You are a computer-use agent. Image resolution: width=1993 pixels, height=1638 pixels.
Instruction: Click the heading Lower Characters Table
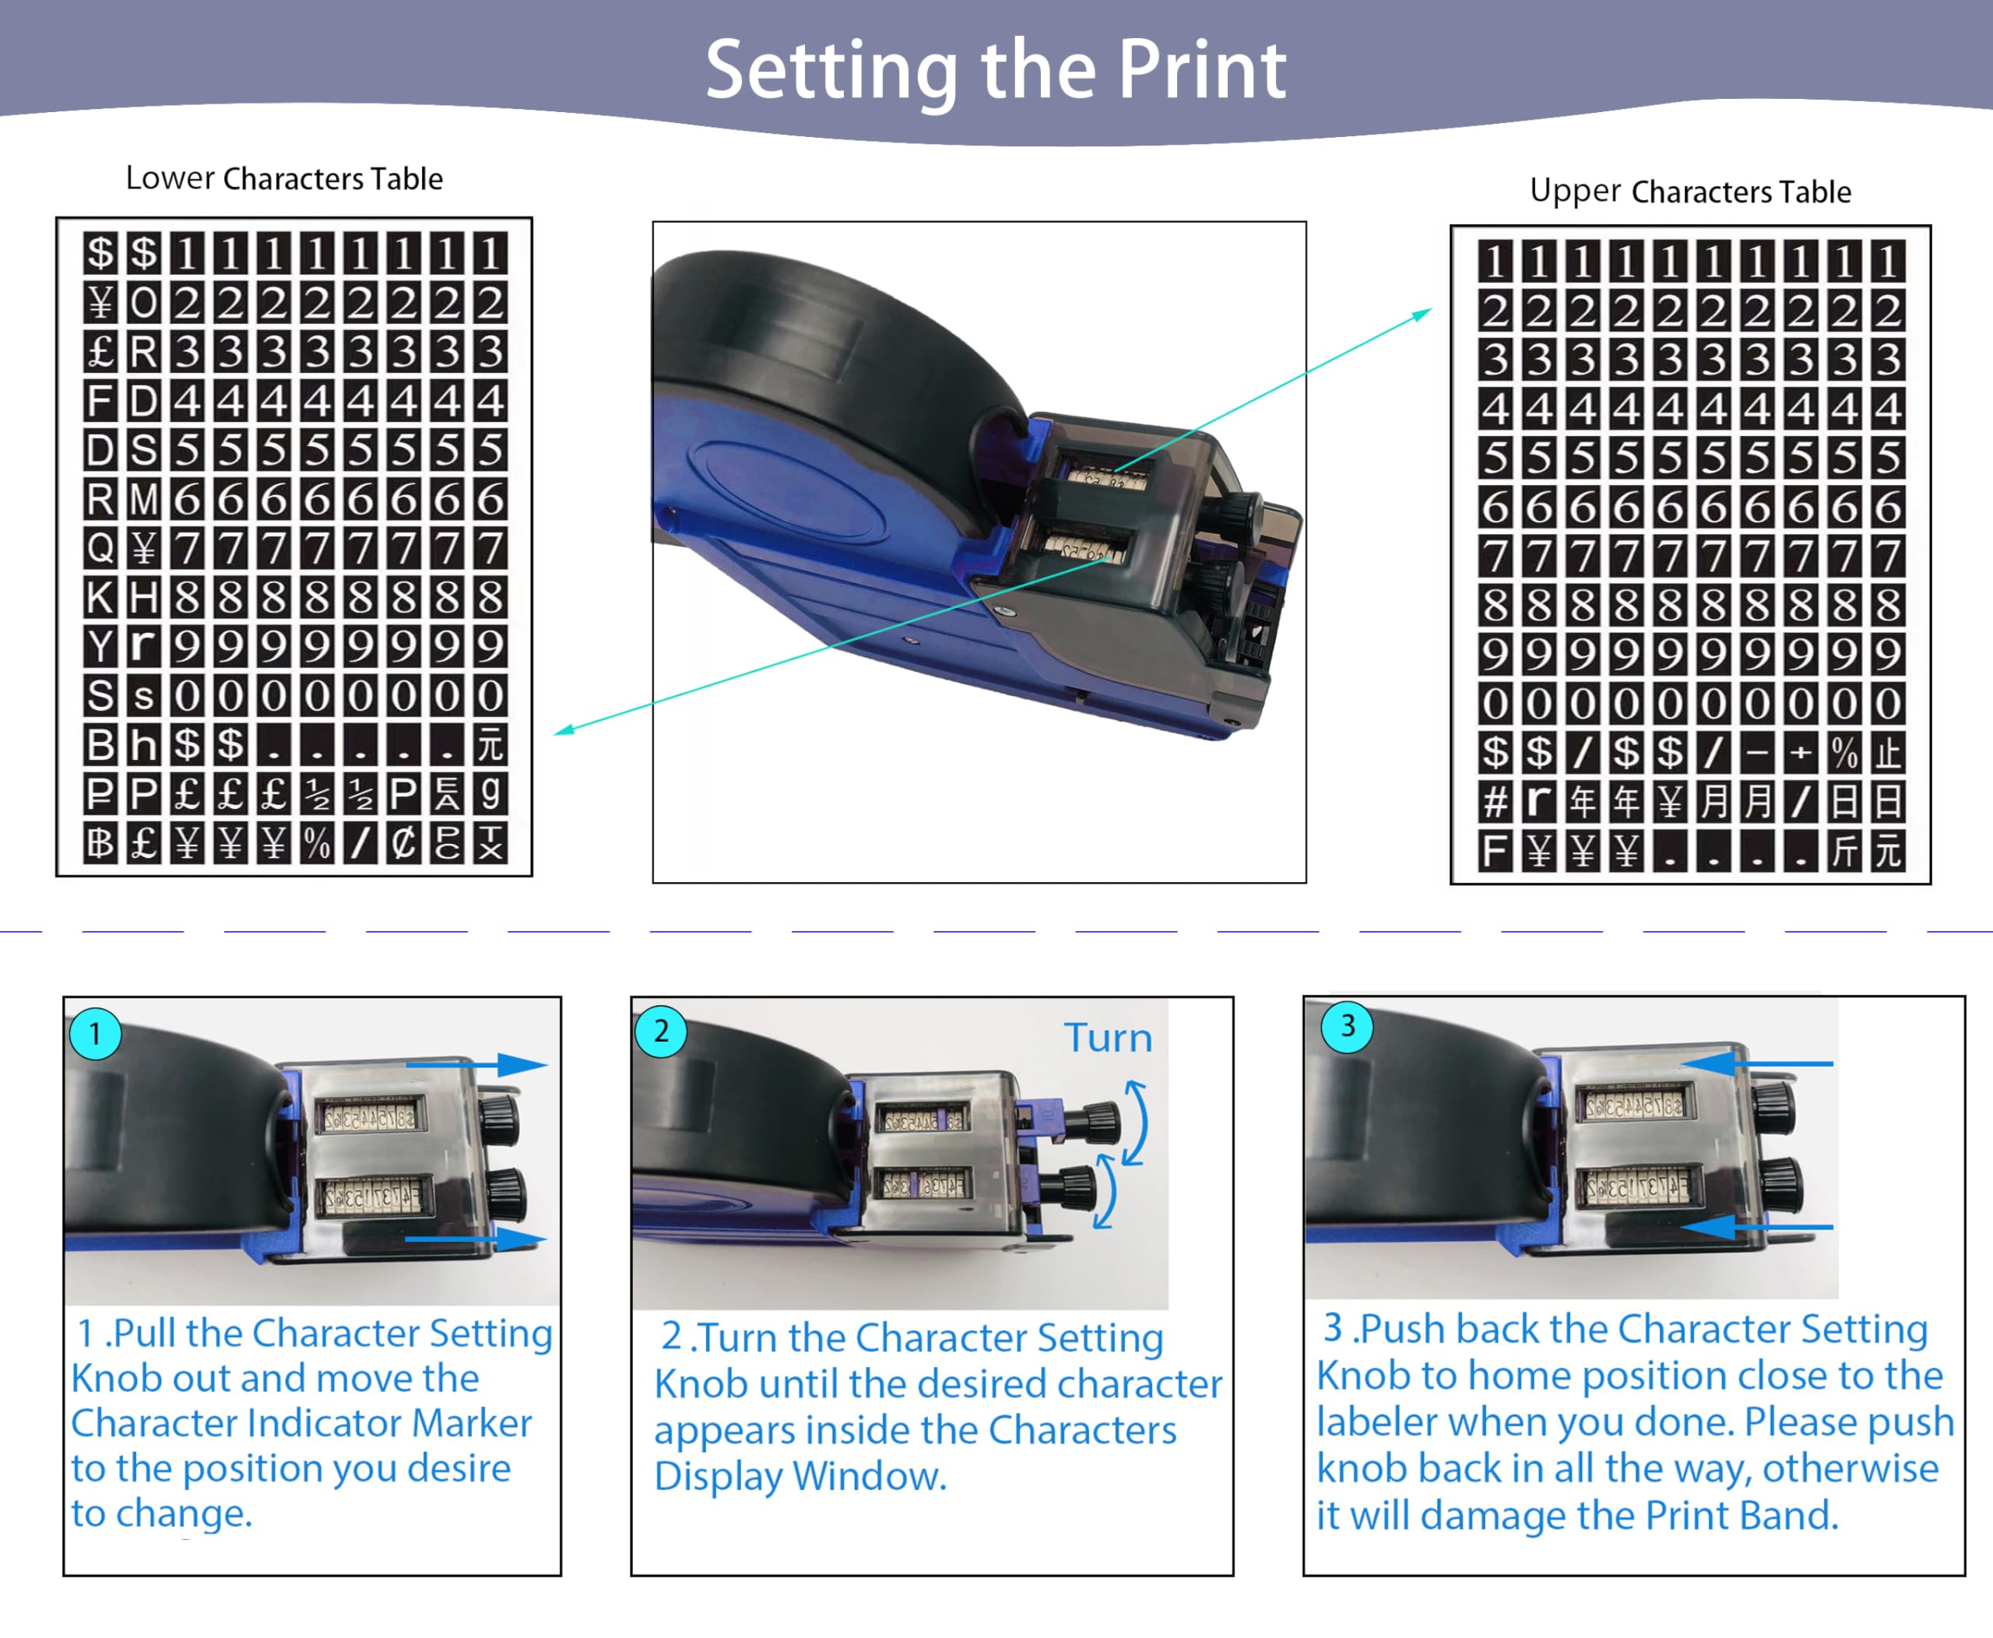(284, 178)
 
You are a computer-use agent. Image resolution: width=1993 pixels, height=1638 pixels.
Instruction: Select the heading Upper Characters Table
(1690, 192)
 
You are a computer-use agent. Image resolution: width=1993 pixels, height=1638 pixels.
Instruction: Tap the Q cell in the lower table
(100, 547)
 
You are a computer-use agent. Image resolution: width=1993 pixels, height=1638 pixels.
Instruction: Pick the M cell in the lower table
(143, 498)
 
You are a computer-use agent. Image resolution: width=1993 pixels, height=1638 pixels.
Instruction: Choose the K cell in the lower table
(100, 597)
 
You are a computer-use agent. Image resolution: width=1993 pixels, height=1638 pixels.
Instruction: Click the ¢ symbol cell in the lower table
(404, 842)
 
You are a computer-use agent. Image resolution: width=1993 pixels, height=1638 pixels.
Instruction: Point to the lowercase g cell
(490, 793)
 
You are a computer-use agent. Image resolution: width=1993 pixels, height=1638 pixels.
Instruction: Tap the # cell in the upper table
(1496, 801)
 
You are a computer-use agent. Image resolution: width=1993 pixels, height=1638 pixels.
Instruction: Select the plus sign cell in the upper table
(1801, 752)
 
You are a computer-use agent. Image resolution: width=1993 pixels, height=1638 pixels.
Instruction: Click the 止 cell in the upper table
(1887, 752)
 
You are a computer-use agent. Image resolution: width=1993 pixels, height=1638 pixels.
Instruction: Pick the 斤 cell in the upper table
(1844, 851)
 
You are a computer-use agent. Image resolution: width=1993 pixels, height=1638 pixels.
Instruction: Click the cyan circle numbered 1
(95, 1034)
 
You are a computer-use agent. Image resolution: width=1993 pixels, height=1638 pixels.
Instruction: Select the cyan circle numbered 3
(1348, 1025)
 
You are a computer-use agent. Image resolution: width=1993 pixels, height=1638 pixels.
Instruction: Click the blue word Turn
(1108, 1038)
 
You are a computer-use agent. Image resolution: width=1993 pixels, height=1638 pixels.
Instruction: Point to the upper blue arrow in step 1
(476, 1065)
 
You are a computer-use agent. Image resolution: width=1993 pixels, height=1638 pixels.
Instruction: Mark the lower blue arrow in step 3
(1757, 1227)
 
